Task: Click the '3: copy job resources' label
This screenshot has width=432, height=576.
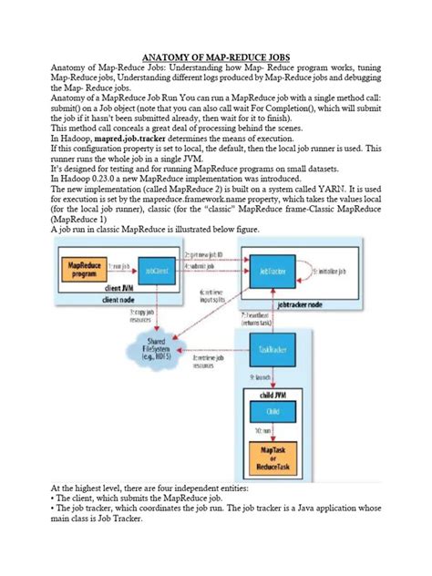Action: (140, 315)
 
